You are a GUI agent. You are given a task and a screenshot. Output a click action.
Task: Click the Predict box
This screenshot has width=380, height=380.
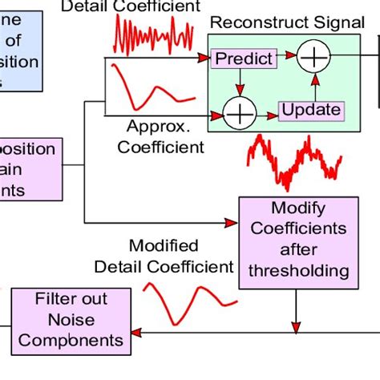click(243, 59)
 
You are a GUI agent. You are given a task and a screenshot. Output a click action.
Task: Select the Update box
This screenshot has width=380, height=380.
click(311, 110)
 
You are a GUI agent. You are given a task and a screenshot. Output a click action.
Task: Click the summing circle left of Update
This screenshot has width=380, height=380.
click(238, 115)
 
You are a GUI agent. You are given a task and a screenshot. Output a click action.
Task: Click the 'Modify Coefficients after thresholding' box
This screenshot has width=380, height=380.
click(297, 238)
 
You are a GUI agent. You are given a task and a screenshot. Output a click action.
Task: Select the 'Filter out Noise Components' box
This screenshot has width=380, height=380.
click(71, 319)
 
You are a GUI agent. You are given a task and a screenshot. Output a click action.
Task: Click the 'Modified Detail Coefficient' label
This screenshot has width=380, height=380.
click(163, 256)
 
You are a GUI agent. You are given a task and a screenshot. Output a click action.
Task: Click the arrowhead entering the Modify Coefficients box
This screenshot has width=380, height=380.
click(235, 222)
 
